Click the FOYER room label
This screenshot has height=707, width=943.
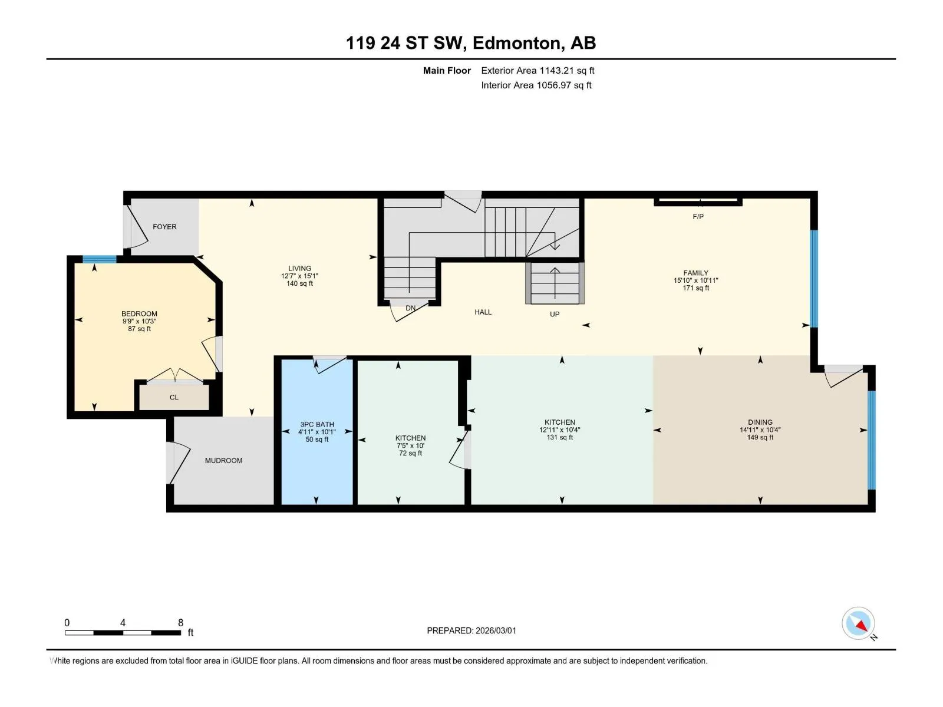pyautogui.click(x=164, y=227)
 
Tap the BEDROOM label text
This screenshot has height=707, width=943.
pyautogui.click(x=139, y=314)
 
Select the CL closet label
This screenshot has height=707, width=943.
pyautogui.click(x=174, y=398)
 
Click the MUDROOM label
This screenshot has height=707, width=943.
pyautogui.click(x=223, y=461)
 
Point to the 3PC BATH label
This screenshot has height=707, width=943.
pyautogui.click(x=317, y=425)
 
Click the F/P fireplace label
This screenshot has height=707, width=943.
pyautogui.click(x=698, y=217)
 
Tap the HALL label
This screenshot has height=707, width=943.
pyautogui.click(x=483, y=312)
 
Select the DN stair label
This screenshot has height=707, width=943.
pyautogui.click(x=411, y=308)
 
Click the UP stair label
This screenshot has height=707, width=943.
pyautogui.click(x=555, y=314)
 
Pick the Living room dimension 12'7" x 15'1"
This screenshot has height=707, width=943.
pyautogui.click(x=299, y=276)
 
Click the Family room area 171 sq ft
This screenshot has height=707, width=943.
pyautogui.click(x=696, y=288)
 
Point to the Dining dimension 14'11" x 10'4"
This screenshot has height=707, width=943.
pyautogui.click(x=760, y=430)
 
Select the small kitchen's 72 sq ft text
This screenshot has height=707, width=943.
pyautogui.click(x=410, y=453)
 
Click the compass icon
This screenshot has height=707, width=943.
pyautogui.click(x=858, y=623)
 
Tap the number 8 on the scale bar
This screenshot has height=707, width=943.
pyautogui.click(x=180, y=622)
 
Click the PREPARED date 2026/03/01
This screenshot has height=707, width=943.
pyautogui.click(x=495, y=630)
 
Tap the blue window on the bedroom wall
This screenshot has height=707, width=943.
pyautogui.click(x=99, y=259)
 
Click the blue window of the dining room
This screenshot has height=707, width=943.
pyautogui.click(x=872, y=440)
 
